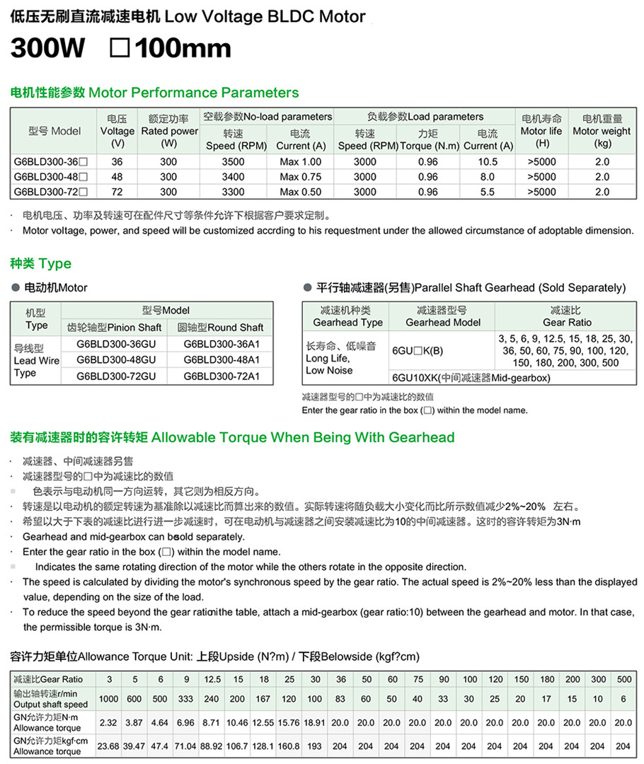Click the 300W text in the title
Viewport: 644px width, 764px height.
pyautogui.click(x=48, y=49)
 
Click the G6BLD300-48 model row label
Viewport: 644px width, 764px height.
pyautogui.click(x=51, y=177)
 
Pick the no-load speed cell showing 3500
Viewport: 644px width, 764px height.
pyautogui.click(x=233, y=162)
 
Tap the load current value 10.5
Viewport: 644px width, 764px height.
pyautogui.click(x=488, y=162)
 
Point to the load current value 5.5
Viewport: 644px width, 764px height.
pyautogui.click(x=488, y=192)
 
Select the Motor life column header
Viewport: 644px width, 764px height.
pyautogui.click(x=543, y=131)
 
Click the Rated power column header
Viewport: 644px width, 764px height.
pyautogui.click(x=168, y=131)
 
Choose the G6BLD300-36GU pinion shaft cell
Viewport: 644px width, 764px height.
pyautogui.click(x=115, y=344)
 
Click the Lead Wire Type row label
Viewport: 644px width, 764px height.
pyautogui.click(x=35, y=361)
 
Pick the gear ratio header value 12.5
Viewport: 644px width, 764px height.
pyautogui.click(x=212, y=679)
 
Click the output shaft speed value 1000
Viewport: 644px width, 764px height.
pyautogui.click(x=109, y=699)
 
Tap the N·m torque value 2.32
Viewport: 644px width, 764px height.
pyautogui.click(x=109, y=723)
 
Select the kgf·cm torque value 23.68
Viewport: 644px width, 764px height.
pyautogui.click(x=109, y=746)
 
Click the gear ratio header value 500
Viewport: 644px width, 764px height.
pyautogui.click(x=623, y=679)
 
